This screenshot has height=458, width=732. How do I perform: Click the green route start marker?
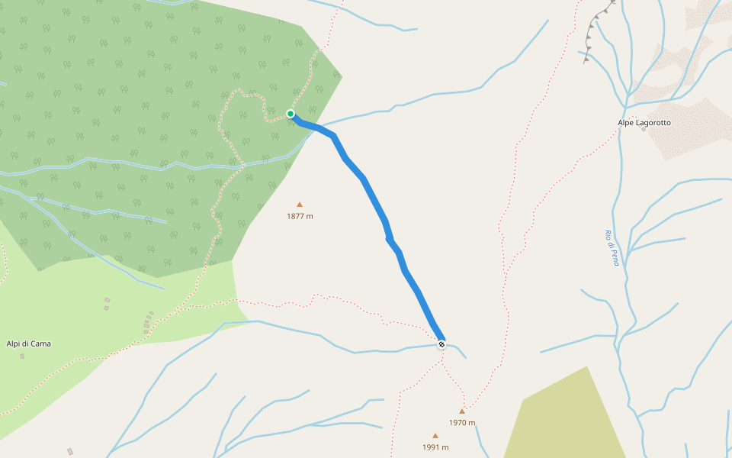[291, 114]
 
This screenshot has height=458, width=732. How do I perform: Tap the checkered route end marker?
[441, 344]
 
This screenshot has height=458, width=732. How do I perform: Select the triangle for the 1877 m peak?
[300, 205]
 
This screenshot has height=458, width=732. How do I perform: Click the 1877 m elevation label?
[300, 216]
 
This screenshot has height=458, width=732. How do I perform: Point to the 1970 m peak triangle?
[462, 411]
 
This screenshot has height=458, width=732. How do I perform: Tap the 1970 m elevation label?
[462, 423]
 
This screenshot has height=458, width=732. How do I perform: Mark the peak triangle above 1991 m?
[435, 436]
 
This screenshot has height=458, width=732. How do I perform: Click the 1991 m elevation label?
[435, 447]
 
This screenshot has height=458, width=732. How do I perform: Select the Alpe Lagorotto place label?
[644, 122]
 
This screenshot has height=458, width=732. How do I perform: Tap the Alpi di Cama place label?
[29, 343]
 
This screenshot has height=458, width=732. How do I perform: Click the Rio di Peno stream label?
[612, 248]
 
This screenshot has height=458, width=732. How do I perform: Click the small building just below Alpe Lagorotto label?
[644, 130]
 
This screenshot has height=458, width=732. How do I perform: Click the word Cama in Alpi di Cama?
[40, 343]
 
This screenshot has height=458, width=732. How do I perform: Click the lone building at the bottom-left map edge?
[70, 451]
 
